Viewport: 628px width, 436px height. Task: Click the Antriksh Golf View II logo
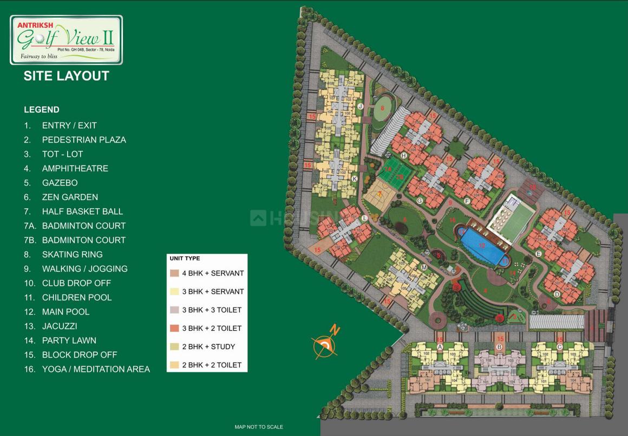point(66,40)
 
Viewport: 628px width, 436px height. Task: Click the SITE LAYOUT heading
point(66,76)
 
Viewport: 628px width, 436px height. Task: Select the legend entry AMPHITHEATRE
point(75,168)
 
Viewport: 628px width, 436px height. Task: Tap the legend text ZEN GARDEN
point(70,197)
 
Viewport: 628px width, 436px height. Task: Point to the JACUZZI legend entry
point(60,326)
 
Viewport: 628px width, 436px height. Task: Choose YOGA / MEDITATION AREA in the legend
point(96,369)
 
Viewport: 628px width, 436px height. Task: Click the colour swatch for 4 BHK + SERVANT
point(174,273)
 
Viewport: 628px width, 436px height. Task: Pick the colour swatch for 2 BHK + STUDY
point(174,347)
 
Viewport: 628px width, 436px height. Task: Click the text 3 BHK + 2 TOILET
point(212,328)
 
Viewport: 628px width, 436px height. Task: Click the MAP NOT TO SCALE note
point(259,427)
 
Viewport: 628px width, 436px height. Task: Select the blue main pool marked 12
point(481,245)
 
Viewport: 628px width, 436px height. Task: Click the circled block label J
point(360,106)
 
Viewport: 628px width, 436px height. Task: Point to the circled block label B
point(500,347)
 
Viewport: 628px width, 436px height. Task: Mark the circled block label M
point(424,267)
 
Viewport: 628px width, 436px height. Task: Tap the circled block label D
point(557,294)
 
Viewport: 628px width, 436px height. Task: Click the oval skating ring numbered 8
point(383,108)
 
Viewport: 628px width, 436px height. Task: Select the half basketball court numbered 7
point(381,194)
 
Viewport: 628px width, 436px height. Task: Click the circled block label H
point(403,155)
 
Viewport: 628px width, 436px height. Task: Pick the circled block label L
point(364,218)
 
